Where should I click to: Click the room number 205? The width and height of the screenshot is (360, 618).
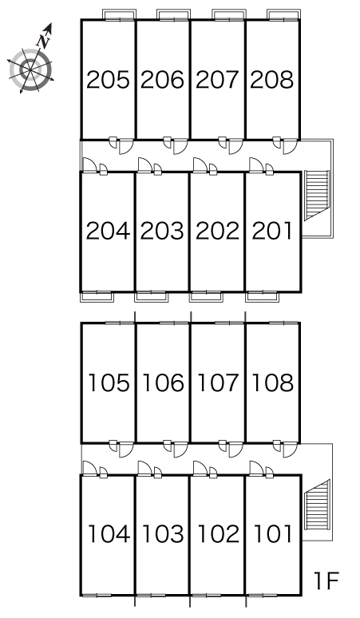pos(108,80)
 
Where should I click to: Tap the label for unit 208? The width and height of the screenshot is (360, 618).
pos(271,80)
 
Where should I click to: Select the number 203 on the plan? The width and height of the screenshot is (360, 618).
pos(162,231)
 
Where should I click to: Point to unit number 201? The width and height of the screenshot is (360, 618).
pos(272,231)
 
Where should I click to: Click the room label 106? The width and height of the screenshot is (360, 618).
pos(163,382)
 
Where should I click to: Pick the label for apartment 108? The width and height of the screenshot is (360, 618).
pos(272,382)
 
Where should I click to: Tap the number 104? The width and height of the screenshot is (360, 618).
pos(109,534)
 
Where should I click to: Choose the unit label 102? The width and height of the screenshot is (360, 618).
pos(218,534)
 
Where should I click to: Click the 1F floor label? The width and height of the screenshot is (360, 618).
pos(326,580)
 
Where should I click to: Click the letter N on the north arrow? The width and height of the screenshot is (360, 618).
pos(43,41)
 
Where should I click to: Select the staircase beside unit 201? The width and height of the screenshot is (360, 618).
pos(317,195)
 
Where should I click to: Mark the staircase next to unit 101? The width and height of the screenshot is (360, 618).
pos(317,505)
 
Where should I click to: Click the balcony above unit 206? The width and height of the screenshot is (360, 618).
pos(174,14)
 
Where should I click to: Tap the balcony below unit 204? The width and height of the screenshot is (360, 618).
pos(97,297)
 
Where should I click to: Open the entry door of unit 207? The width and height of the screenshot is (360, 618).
pos(235,146)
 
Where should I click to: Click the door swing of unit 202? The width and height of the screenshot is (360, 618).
pos(200,164)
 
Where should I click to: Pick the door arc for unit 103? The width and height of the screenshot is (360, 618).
pos(145,468)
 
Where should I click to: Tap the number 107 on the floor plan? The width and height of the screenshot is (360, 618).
pos(218,382)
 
